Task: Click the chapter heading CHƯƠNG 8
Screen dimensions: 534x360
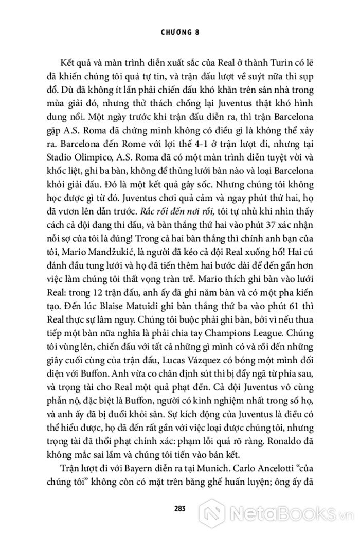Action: [179, 32]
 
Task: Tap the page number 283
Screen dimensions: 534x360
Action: [179, 507]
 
